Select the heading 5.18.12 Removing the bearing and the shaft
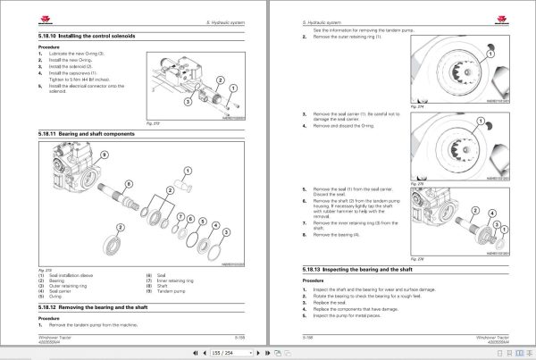pos(98,306)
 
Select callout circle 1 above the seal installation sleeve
pos(186,169)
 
